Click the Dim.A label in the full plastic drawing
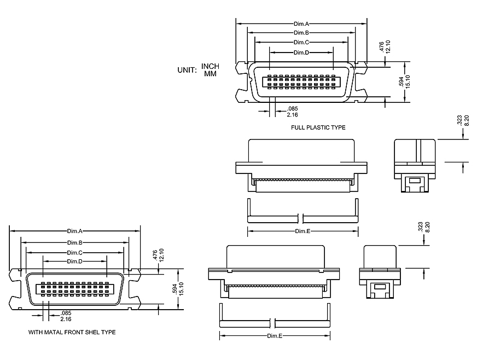(301, 24)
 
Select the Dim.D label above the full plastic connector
(301, 53)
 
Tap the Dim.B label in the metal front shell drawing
(75, 242)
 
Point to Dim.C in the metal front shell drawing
(75, 252)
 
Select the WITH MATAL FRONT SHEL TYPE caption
(72, 332)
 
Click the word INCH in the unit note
(211, 66)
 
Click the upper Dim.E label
(303, 231)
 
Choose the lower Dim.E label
(275, 335)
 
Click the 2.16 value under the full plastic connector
(292, 115)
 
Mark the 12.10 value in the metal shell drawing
(162, 255)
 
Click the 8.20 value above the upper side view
(467, 120)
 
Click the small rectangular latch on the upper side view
(415, 179)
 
